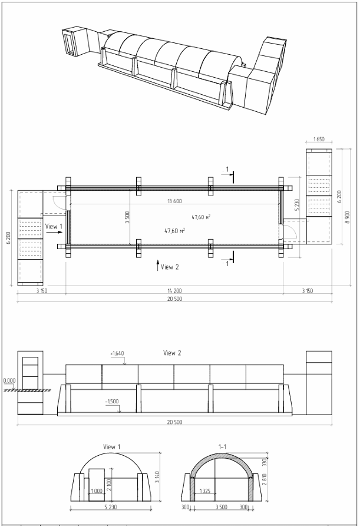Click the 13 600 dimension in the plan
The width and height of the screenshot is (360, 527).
(x=174, y=201)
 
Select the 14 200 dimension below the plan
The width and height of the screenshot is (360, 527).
(x=174, y=291)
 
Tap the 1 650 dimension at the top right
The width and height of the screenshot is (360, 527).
(x=319, y=139)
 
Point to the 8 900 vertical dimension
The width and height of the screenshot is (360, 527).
(x=348, y=217)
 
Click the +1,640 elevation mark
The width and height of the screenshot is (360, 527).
(x=117, y=353)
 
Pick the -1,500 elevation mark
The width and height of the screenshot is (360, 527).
(x=112, y=402)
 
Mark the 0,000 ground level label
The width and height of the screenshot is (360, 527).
(x=9, y=380)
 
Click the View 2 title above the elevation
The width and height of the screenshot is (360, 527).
(x=172, y=353)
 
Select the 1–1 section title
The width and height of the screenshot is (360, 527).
(x=222, y=447)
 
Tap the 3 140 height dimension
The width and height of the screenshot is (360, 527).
(x=157, y=478)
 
